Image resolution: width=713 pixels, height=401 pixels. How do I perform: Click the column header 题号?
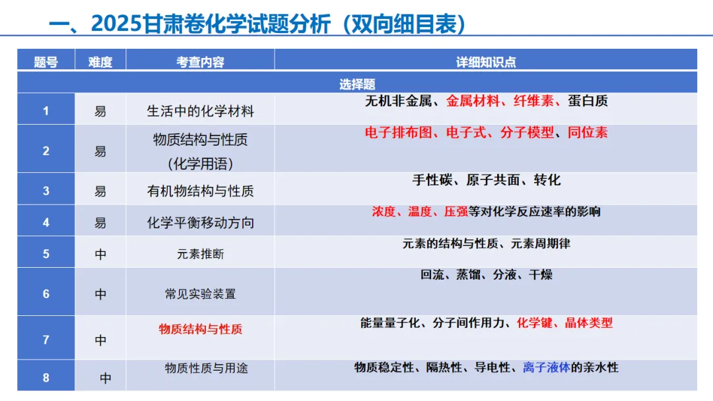pos(46,62)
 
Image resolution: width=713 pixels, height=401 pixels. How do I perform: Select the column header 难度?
pos(100,62)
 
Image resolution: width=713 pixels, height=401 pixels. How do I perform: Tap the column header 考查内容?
pos(200,62)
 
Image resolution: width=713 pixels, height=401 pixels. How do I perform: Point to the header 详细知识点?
pos(486,62)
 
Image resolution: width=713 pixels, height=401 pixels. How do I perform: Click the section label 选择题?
pos(357,84)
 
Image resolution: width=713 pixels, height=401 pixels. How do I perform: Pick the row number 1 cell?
pos(46,111)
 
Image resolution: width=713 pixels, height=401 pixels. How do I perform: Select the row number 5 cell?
pos(46,254)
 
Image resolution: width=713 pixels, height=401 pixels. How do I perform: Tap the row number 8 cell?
pos(46,378)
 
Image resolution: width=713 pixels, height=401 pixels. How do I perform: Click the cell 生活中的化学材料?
pos(200,111)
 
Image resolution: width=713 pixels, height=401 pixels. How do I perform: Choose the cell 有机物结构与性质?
pos(200,191)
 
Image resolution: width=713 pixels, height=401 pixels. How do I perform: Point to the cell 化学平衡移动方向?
pos(200,223)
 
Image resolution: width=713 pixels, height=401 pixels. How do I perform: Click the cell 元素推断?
pos(200,254)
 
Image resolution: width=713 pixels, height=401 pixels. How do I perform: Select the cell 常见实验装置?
pos(200,294)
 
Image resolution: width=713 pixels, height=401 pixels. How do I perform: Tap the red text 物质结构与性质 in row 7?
pos(200,328)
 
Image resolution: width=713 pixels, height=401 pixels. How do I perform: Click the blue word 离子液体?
pos(546,367)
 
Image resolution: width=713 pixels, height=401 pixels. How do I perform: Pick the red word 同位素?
pos(588,133)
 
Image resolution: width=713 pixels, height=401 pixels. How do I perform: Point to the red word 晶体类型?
pos(588,323)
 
